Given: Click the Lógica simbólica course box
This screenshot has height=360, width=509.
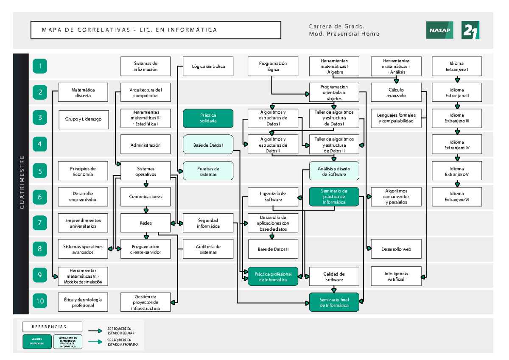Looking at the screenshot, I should [208, 66].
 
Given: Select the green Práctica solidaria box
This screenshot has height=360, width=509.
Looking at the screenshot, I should [208, 118].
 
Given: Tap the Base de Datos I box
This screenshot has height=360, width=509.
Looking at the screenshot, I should [208, 145].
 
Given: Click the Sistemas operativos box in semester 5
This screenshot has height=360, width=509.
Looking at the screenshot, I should [145, 171].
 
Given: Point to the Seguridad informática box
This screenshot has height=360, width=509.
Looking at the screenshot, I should [208, 223].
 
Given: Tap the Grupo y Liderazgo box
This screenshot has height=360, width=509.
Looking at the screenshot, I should [83, 119].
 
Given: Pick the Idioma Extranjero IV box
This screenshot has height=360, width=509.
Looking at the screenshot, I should [457, 145].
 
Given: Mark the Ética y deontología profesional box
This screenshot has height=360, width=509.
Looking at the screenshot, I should [83, 302].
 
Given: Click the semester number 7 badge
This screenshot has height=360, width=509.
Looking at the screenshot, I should [40, 223].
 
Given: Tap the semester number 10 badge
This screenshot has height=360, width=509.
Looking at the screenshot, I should [40, 301].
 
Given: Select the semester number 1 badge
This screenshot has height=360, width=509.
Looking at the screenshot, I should [40, 66].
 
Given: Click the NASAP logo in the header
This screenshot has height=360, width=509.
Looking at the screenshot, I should [439, 30].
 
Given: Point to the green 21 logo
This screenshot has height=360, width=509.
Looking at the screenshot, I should [470, 30].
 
